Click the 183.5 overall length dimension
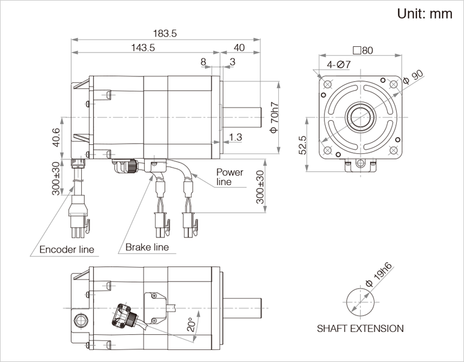[165, 34]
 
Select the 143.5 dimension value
[142, 48]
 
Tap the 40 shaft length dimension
[239, 48]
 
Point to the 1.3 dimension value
[235, 138]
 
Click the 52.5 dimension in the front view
[303, 145]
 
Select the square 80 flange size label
[363, 51]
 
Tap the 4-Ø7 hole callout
[339, 64]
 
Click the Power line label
[230, 177]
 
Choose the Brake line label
[147, 247]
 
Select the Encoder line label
[66, 250]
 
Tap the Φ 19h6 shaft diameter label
[378, 278]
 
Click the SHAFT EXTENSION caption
[360, 328]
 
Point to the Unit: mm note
[424, 14]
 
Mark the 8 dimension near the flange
[203, 62]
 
